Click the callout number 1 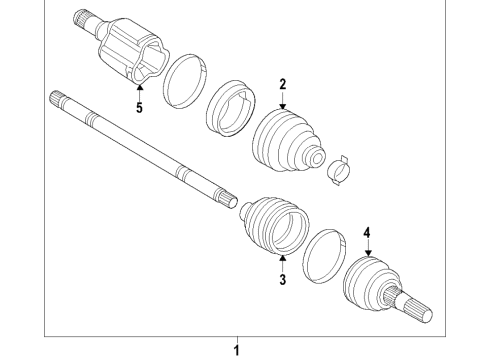pos(237,349)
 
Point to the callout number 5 pos(139,108)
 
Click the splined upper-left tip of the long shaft pos(57,99)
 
